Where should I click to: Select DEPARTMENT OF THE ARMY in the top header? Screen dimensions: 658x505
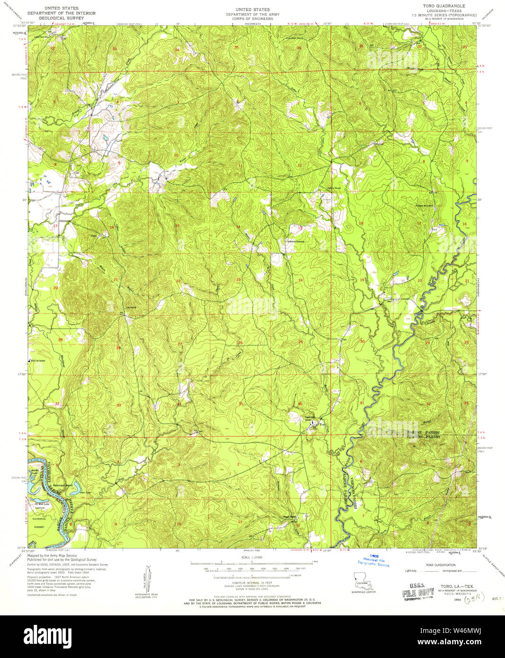pos(253,15)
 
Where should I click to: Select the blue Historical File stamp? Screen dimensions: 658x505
pos(374,560)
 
